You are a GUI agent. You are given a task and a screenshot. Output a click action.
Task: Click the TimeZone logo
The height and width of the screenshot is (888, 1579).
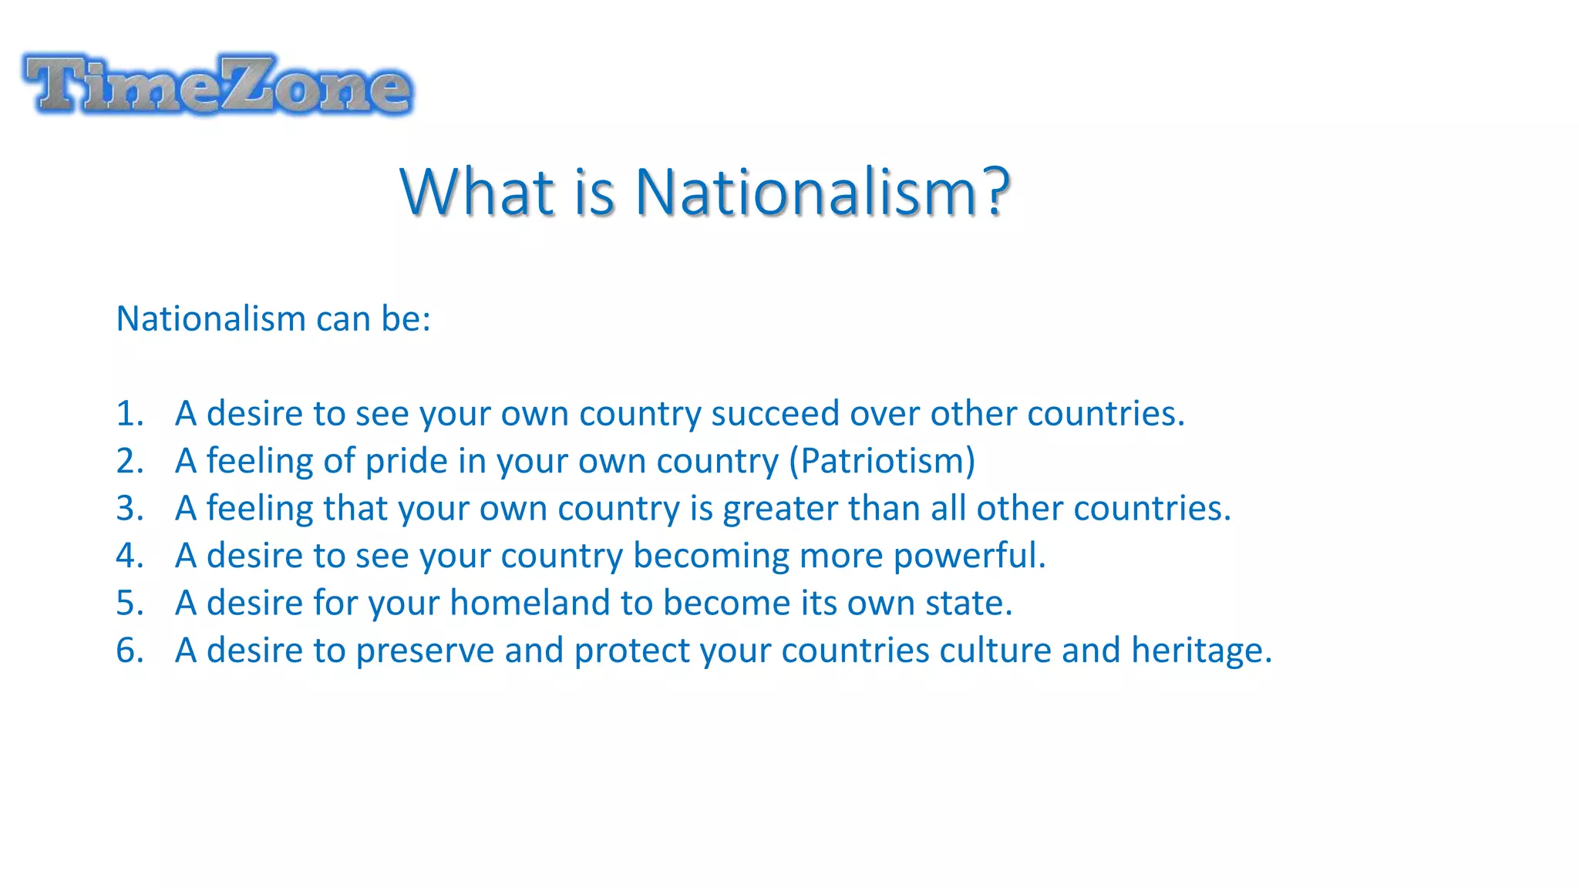(218, 85)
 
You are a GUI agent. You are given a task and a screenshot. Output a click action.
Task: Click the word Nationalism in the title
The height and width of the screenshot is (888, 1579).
(806, 192)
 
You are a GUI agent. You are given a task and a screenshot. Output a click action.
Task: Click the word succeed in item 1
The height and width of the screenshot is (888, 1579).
(775, 414)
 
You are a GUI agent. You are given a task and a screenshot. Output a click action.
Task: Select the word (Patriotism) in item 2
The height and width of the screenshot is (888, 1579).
(882, 461)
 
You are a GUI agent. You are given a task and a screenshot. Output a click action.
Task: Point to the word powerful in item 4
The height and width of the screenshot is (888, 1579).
(968, 557)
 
